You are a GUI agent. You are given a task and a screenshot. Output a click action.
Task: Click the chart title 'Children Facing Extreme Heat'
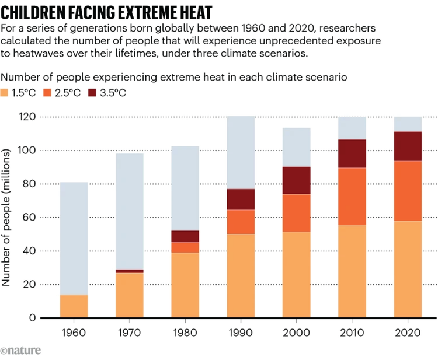pos(106,12)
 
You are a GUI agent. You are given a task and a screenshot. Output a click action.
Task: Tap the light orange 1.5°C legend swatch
pos(6,93)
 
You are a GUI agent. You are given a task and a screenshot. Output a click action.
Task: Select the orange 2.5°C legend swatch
pos(50,93)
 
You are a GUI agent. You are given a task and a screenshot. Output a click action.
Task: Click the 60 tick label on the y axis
pos(29,218)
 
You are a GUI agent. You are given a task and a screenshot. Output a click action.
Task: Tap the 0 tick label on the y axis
pos(33,318)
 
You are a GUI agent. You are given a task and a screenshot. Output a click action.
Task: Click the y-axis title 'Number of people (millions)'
pos(7,217)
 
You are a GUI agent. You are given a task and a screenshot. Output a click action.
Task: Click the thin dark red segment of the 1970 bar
pos(129,271)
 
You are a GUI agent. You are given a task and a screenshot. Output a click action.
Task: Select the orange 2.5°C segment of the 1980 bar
pos(185,247)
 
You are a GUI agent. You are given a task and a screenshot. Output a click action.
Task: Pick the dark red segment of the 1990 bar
pos(241,200)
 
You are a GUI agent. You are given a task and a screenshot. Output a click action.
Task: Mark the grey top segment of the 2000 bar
pos(296,147)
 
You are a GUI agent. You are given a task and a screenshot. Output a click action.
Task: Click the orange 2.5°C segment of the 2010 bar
pos(352,197)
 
